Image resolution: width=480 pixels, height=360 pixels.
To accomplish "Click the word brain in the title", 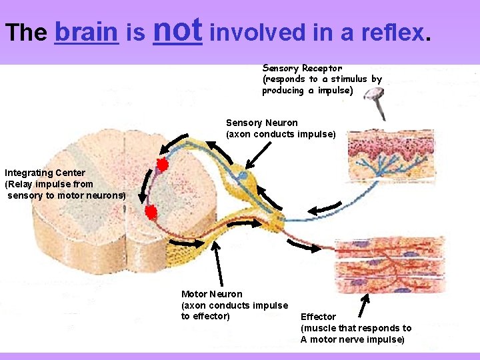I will click(x=86, y=32).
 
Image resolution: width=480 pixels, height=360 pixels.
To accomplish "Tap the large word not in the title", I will click(x=177, y=29).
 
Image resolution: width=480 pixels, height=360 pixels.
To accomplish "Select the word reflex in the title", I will click(x=391, y=32).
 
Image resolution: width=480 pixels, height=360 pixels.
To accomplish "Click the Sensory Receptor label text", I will click(x=302, y=68).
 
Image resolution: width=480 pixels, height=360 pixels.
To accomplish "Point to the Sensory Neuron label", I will click(x=262, y=123).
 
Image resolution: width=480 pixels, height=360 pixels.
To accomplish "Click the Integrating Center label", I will click(x=45, y=173).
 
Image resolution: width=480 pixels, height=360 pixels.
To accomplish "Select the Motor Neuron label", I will click(x=212, y=294).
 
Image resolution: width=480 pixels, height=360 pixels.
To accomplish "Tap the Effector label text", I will click(x=318, y=317).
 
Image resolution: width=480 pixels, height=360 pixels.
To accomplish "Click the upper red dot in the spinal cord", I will click(x=161, y=165).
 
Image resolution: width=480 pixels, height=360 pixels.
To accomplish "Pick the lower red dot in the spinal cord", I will click(x=151, y=212).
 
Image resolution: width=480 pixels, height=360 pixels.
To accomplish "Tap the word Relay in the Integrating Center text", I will click(x=18, y=184).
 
